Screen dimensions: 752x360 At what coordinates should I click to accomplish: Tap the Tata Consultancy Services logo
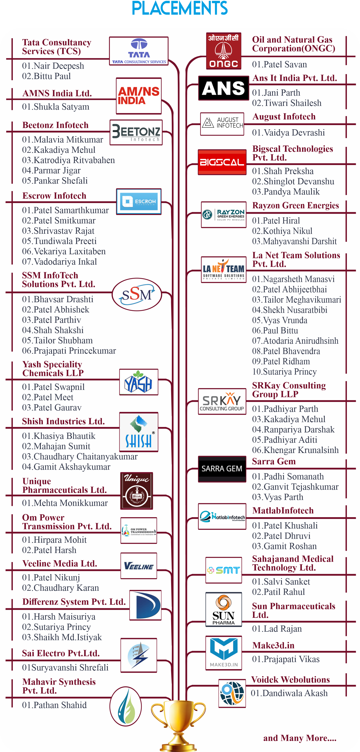139,51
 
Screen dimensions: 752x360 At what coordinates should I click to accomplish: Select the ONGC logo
224,51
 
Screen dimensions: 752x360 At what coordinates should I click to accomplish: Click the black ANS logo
224,88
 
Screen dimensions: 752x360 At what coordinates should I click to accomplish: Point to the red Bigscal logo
222,162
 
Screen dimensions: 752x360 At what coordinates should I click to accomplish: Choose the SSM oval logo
137,294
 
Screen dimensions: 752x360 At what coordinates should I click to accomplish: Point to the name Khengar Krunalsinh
295,450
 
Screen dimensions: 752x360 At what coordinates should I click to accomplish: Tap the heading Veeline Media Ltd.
59,563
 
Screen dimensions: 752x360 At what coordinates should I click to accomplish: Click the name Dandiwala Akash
289,693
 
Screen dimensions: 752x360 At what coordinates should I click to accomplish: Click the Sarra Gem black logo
222,469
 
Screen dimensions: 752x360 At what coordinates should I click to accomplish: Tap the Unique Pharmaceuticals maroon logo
136,491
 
